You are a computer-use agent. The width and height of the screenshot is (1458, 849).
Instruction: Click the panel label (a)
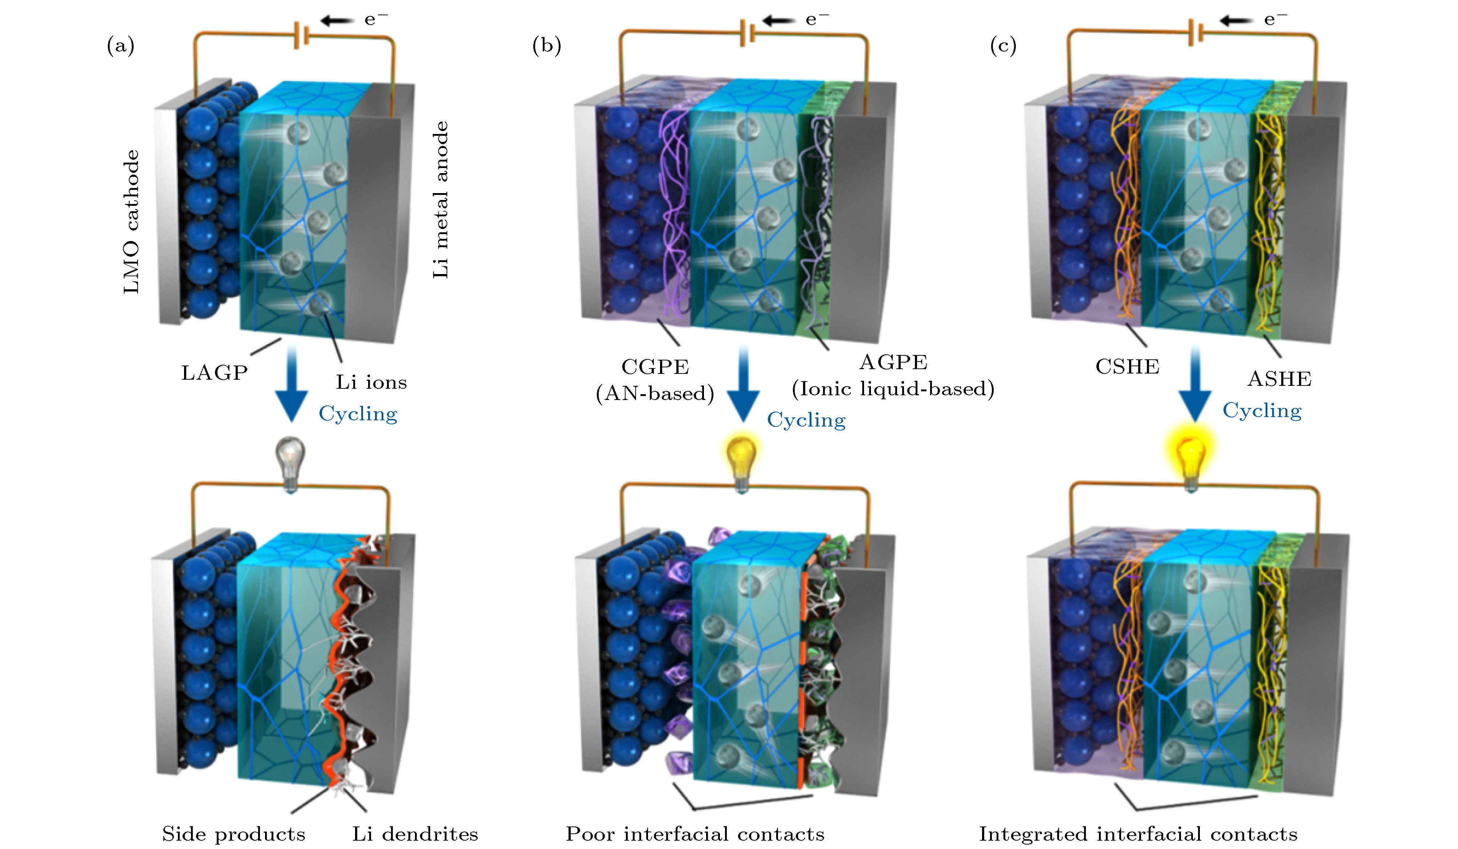coord(120,46)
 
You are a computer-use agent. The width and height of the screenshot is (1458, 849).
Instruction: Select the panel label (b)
coord(546,46)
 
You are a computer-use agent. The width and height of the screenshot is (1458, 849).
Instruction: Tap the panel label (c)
coord(1003,46)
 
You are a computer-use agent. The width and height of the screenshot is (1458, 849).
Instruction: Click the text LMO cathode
coord(132,222)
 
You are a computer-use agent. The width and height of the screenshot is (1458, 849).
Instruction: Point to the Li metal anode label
coord(441,200)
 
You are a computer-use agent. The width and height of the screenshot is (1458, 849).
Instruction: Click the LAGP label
coord(215,373)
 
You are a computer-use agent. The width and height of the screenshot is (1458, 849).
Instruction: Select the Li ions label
coord(371,382)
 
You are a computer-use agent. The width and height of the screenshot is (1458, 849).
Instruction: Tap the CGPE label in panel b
coord(655,367)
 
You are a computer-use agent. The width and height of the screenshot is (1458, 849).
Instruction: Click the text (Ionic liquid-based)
coord(893,389)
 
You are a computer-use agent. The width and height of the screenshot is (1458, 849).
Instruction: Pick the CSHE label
coord(1127,367)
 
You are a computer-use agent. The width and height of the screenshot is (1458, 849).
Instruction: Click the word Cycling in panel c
coord(1262,411)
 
